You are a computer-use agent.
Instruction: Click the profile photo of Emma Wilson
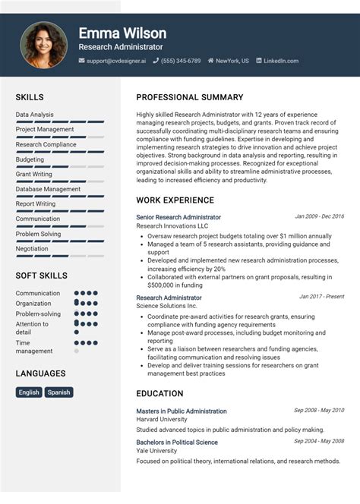coord(43,44)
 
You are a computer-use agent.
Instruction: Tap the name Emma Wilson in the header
coord(122,33)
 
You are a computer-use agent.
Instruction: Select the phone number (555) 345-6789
coord(181,61)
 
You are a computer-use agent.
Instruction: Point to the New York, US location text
coord(232,61)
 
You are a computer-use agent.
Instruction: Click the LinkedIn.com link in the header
coord(281,61)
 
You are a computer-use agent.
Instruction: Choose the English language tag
coord(29,392)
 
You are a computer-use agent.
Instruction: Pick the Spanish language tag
coord(58,392)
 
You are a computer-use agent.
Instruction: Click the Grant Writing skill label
coord(34,175)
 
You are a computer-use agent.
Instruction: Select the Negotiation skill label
coord(32,248)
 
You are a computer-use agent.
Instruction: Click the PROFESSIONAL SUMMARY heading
coord(190,98)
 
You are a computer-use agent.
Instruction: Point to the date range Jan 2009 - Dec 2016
coord(319,216)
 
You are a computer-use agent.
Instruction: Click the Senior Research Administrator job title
coord(178,217)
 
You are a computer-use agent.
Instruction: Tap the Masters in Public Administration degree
coord(182,411)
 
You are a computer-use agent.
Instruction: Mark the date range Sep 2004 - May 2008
coord(319,441)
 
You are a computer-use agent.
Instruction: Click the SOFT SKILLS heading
coord(41,276)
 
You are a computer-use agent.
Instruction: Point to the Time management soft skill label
coord(34,347)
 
